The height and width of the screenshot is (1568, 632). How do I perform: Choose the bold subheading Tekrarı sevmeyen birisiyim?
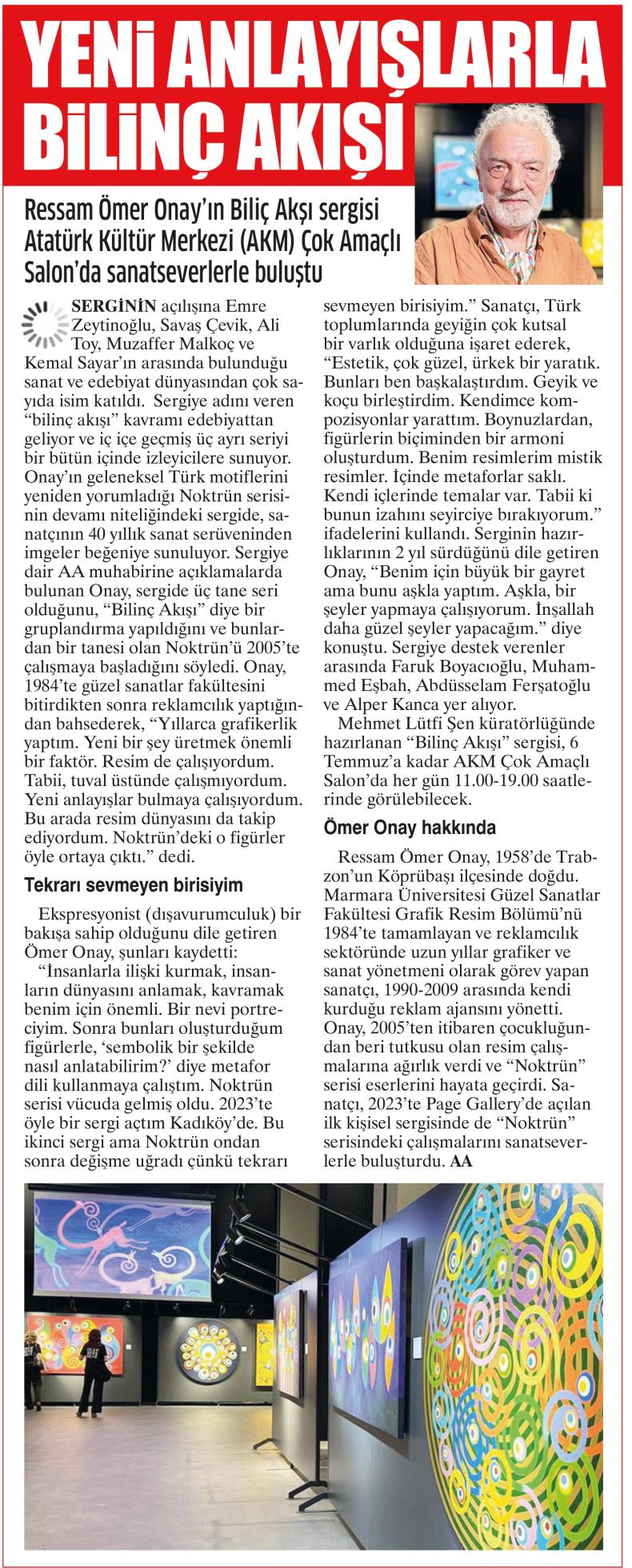[134, 885]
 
